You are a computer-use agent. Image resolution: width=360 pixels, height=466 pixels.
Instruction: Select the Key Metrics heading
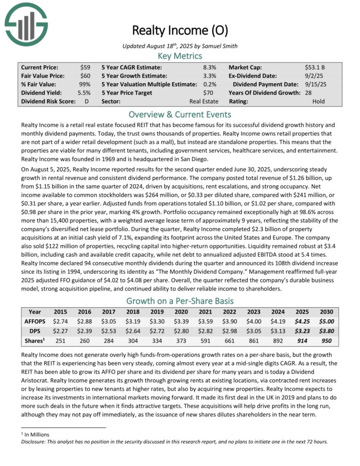click(x=180, y=56)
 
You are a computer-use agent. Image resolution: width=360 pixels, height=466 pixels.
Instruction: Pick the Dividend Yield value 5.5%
click(x=85, y=93)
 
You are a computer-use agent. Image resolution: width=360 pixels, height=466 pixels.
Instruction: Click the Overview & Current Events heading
click(x=180, y=114)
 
